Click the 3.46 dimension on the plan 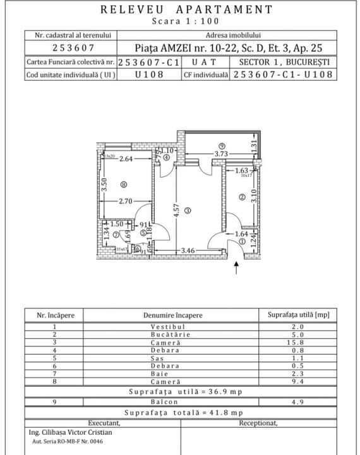pyautogui.click(x=188, y=252)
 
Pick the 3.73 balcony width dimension pyautogui.click(x=220, y=154)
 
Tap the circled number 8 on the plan pyautogui.click(x=123, y=185)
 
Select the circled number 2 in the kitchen pyautogui.click(x=241, y=197)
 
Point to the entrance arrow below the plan pyautogui.click(x=237, y=269)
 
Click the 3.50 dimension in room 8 pyautogui.click(x=105, y=185)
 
